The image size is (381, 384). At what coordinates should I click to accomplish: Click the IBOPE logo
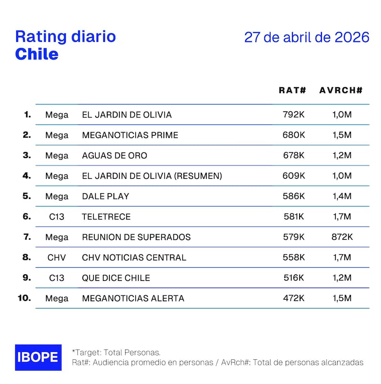pyautogui.click(x=38, y=357)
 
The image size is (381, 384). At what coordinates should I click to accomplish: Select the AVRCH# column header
pyautogui.click(x=341, y=90)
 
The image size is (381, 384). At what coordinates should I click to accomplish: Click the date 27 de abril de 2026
pyautogui.click(x=307, y=38)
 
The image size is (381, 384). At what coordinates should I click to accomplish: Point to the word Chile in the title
pyautogui.click(x=37, y=54)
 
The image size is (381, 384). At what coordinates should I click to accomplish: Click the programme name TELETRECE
pyautogui.click(x=106, y=217)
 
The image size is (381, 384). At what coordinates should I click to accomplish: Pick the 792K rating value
pyautogui.click(x=293, y=115)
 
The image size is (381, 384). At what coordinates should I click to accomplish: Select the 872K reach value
pyautogui.click(x=341, y=237)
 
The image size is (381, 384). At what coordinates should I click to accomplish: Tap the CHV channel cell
pyautogui.click(x=57, y=258)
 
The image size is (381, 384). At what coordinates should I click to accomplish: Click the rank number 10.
pyautogui.click(x=24, y=298)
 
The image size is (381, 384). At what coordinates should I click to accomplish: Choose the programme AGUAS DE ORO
pyautogui.click(x=114, y=156)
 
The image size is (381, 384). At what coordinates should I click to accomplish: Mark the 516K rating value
pyautogui.click(x=293, y=278)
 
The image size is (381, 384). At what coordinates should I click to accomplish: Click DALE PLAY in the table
pyautogui.click(x=105, y=196)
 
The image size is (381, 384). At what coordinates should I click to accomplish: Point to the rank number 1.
pyautogui.click(x=27, y=114)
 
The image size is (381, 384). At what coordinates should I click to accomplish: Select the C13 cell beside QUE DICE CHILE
pyautogui.click(x=57, y=278)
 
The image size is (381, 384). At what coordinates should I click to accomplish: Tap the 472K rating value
pyautogui.click(x=293, y=299)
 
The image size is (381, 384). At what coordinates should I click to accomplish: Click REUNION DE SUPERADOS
pyautogui.click(x=136, y=237)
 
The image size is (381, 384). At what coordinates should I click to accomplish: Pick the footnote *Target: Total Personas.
pyautogui.click(x=116, y=352)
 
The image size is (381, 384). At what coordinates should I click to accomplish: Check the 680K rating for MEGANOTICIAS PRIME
pyautogui.click(x=293, y=135)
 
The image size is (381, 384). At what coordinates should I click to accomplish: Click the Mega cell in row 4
pyautogui.click(x=57, y=176)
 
